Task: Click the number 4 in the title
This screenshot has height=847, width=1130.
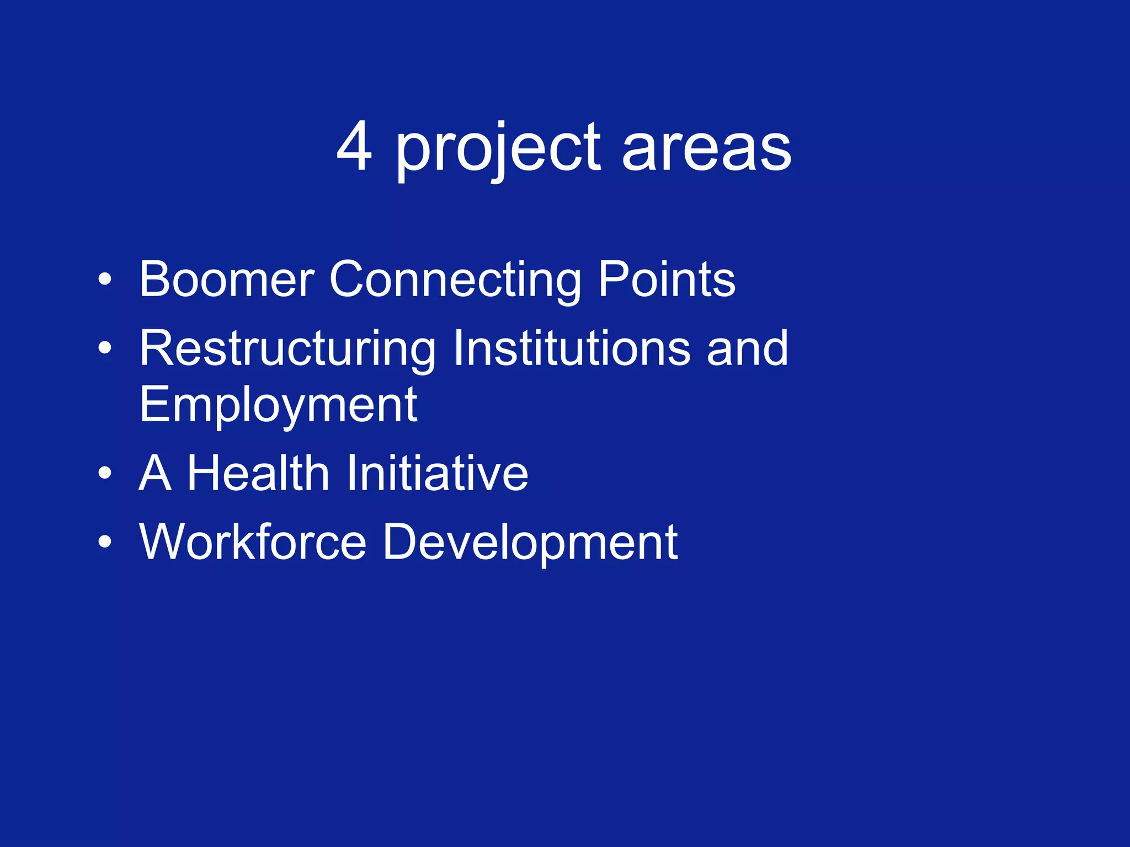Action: pyautogui.click(x=354, y=147)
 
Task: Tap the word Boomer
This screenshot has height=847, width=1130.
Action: pyautogui.click(x=226, y=280)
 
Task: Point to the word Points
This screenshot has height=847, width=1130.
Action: pyautogui.click(x=667, y=280)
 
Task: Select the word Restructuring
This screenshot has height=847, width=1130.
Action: pyautogui.click(x=287, y=349)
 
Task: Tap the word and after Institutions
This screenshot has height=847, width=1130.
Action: pyautogui.click(x=748, y=348)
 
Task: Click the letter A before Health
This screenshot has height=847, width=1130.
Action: pyautogui.click(x=154, y=473)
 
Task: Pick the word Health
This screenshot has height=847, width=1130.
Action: pyautogui.click(x=258, y=473)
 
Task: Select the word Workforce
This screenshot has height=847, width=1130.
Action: pyautogui.click(x=253, y=542)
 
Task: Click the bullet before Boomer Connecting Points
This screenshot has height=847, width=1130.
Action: pyautogui.click(x=104, y=280)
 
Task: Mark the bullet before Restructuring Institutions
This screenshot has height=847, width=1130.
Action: pyautogui.click(x=104, y=349)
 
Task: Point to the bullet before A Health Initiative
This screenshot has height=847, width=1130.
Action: pyautogui.click(x=104, y=473)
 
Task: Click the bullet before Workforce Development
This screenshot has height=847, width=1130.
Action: pyautogui.click(x=104, y=542)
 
